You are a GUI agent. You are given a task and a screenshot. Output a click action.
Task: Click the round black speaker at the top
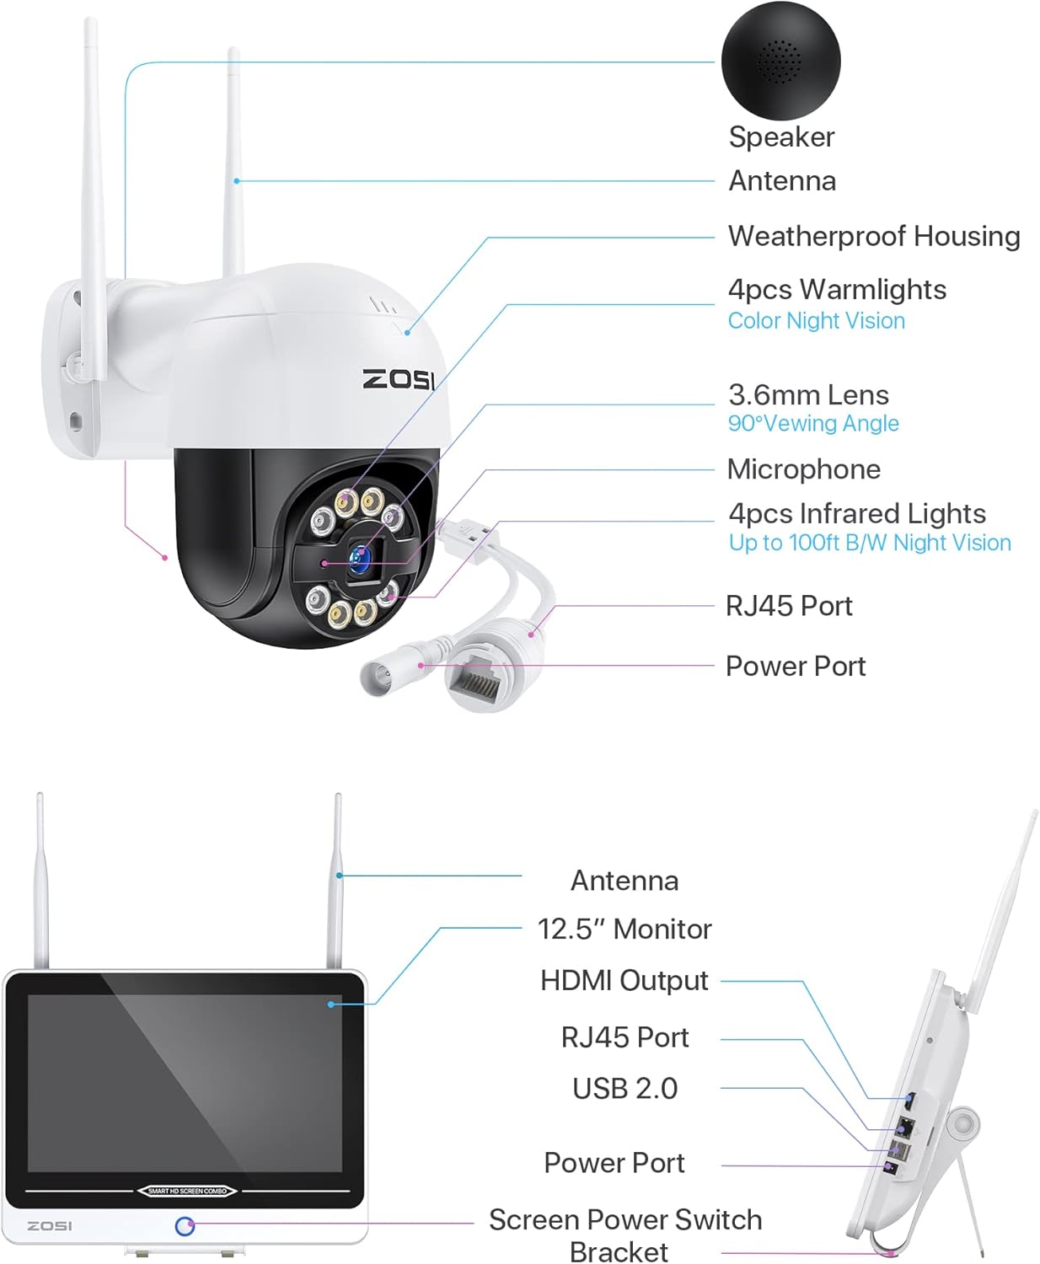pyautogui.click(x=780, y=61)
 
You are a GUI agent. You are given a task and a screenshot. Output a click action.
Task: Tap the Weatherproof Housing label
pyautogui.click(x=874, y=236)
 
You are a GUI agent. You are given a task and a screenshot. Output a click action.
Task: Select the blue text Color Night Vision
pyautogui.click(x=816, y=321)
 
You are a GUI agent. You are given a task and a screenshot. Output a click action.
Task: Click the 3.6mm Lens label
pyautogui.click(x=808, y=394)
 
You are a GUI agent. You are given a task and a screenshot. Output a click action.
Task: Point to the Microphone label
pyautogui.click(x=803, y=469)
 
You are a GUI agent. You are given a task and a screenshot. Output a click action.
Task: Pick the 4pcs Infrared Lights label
pyautogui.click(x=856, y=513)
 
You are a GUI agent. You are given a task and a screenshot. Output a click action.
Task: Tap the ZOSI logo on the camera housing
pyautogui.click(x=398, y=379)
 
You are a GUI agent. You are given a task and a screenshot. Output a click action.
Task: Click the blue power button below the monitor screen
pyautogui.click(x=185, y=1226)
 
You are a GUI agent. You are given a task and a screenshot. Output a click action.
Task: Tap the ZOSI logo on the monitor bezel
pyautogui.click(x=50, y=1225)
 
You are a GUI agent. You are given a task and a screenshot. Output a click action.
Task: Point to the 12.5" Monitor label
pyautogui.click(x=625, y=929)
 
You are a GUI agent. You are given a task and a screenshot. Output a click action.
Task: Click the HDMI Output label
pyautogui.click(x=625, y=980)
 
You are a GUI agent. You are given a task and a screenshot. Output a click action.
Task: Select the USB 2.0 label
pyautogui.click(x=625, y=1088)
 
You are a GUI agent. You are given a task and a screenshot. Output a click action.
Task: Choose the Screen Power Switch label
pyautogui.click(x=625, y=1219)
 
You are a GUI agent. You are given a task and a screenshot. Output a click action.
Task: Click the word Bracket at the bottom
pyautogui.click(x=619, y=1251)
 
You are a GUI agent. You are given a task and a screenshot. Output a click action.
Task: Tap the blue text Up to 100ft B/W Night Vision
pyautogui.click(x=869, y=543)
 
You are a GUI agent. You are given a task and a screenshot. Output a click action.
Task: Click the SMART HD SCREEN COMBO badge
pyautogui.click(x=187, y=1191)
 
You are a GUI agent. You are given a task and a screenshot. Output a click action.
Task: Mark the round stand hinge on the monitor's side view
pyautogui.click(x=960, y=1125)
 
